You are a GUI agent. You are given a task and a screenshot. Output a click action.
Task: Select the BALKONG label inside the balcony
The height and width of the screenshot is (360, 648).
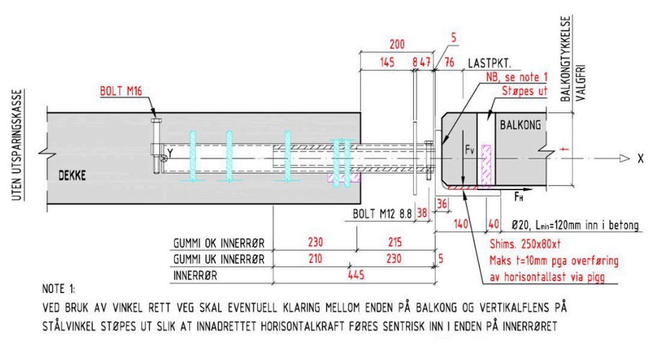(x=521, y=124)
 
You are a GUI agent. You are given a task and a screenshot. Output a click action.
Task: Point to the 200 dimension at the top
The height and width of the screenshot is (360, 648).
(x=395, y=44)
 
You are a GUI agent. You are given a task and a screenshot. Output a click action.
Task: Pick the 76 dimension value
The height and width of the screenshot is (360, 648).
(x=449, y=63)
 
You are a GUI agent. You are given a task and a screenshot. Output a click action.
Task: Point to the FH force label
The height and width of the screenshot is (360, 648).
(x=518, y=195)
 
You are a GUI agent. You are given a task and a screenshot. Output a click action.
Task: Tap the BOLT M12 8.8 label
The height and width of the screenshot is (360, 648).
(x=382, y=214)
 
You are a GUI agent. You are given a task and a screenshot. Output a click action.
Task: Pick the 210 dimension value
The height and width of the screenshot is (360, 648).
(x=314, y=258)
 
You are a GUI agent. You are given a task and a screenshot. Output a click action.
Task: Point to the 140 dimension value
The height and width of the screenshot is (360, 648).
(x=458, y=225)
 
